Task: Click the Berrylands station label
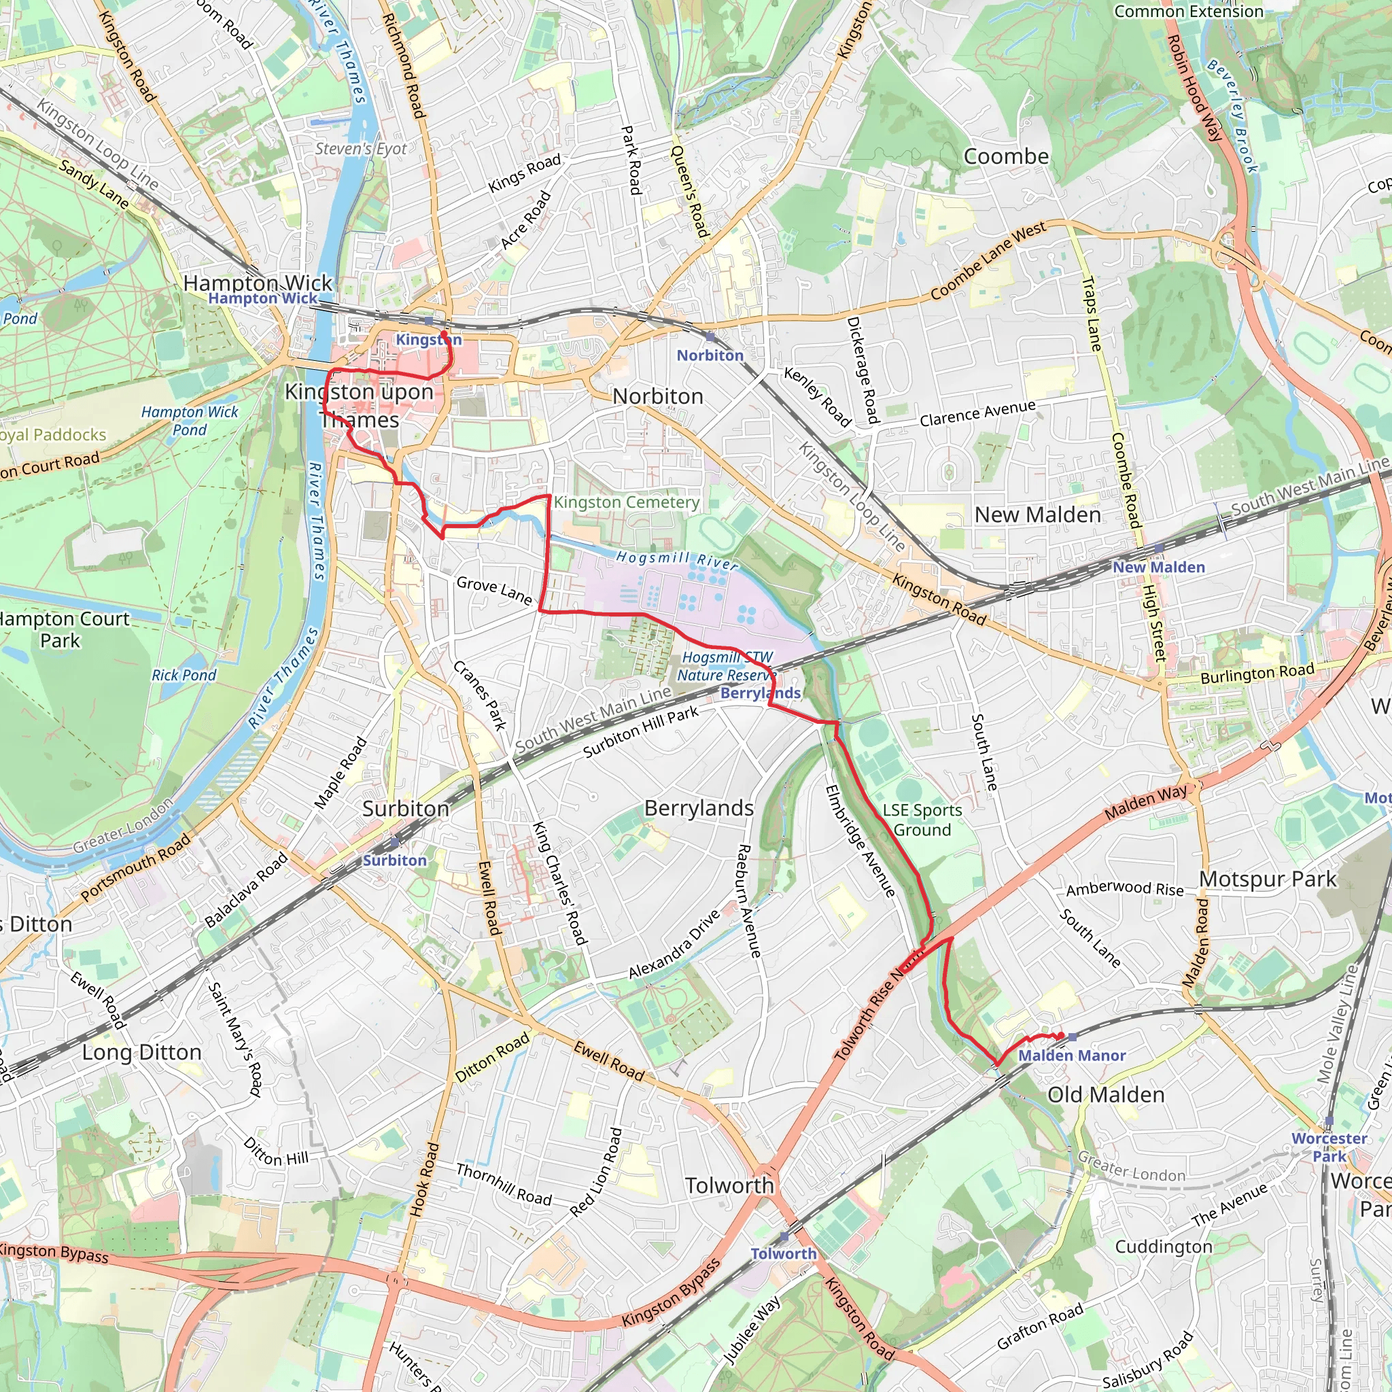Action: [x=760, y=693]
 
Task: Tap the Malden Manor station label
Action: [x=1071, y=1056]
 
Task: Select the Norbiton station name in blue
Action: [x=710, y=355]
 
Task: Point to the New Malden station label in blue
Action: [x=1159, y=567]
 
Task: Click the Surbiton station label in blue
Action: [x=394, y=860]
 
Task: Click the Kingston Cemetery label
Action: [x=626, y=502]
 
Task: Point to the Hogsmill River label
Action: [x=677, y=560]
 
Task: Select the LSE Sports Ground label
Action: [x=922, y=820]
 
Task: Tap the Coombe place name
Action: [x=1006, y=156]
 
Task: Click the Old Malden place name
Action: [x=1105, y=1095]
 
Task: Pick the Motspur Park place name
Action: [x=1268, y=879]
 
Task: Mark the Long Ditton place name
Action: [x=141, y=1053]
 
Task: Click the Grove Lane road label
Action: [x=494, y=590]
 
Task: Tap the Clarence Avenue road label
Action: [x=977, y=413]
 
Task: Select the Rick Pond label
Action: [x=184, y=675]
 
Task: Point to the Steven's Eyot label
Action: [x=361, y=149]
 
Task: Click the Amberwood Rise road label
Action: [x=1125, y=889]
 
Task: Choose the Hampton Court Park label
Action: [x=63, y=629]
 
